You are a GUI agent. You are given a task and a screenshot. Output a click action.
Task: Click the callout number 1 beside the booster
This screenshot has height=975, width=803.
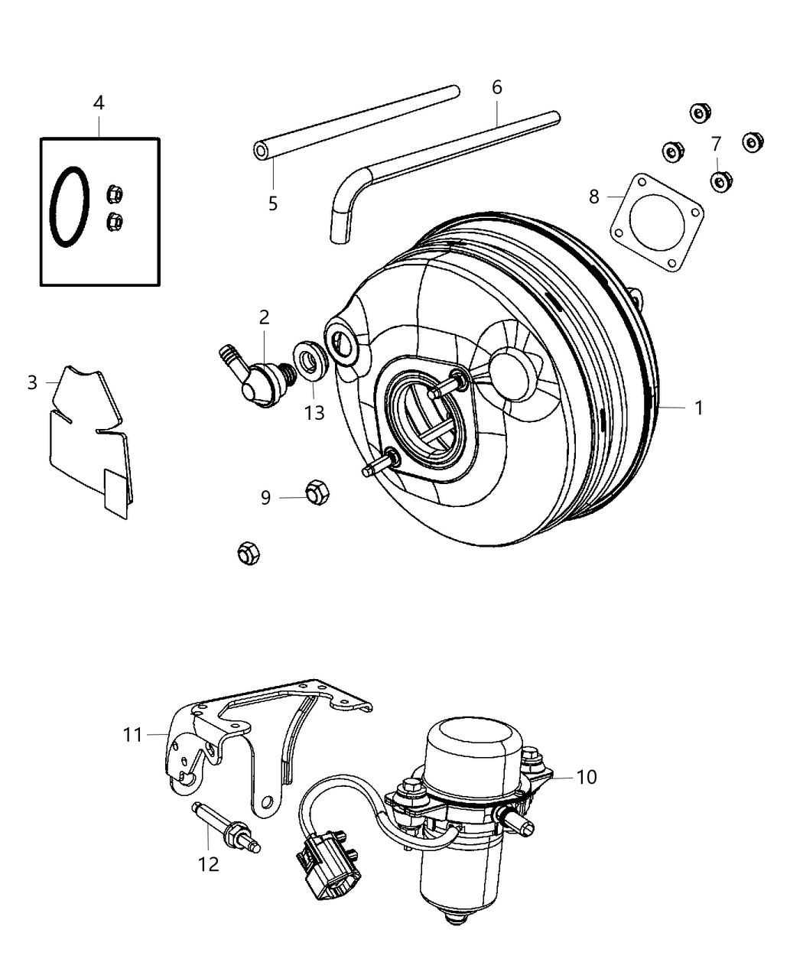(697, 408)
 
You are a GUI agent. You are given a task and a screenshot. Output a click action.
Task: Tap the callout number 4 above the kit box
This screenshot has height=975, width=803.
(99, 102)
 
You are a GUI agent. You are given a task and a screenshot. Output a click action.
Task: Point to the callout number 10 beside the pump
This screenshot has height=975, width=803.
(587, 777)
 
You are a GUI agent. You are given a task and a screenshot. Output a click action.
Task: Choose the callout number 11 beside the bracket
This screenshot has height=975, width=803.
(133, 735)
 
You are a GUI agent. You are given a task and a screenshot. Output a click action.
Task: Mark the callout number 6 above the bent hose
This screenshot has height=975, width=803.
(497, 88)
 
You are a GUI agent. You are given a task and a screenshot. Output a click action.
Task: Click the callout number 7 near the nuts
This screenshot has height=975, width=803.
(716, 144)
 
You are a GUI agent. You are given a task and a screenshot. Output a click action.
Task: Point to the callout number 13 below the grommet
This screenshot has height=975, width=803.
(314, 413)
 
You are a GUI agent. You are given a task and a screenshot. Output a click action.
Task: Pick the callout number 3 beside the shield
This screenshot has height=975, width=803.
(32, 382)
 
